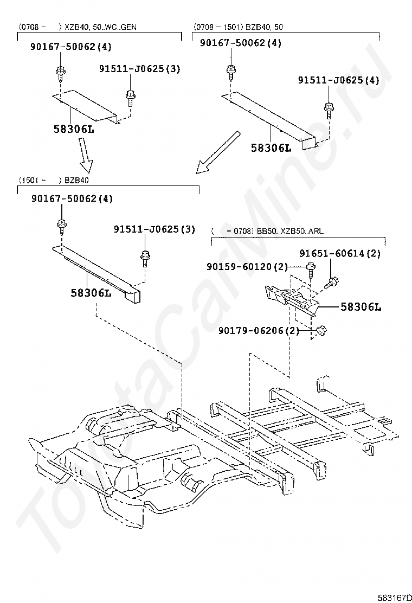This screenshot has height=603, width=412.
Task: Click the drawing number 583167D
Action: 394,597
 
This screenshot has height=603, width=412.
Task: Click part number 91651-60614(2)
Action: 340,253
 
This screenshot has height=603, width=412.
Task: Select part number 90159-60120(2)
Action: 247,266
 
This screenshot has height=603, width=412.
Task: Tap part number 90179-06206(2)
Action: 259,330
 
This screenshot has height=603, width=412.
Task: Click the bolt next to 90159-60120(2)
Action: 310,268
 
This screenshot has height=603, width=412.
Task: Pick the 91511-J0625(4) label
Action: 338,80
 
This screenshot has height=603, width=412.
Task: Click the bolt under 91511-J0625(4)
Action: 329,110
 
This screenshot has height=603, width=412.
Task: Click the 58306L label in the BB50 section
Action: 360,306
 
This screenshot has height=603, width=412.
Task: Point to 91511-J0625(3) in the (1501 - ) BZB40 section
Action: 154,229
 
